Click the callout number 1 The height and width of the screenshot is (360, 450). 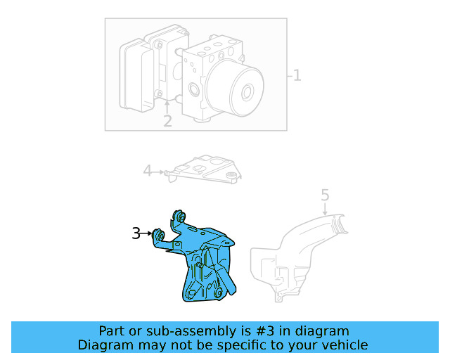(297, 75)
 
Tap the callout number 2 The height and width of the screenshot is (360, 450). (167, 121)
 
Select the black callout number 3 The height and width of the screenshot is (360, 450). (136, 233)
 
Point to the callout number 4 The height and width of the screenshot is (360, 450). (147, 170)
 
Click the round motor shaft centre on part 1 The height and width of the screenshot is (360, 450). (247, 91)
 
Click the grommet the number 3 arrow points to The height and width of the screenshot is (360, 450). (160, 236)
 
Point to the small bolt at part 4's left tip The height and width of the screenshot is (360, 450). (169, 172)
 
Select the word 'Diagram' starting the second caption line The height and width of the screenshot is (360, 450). (103, 345)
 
